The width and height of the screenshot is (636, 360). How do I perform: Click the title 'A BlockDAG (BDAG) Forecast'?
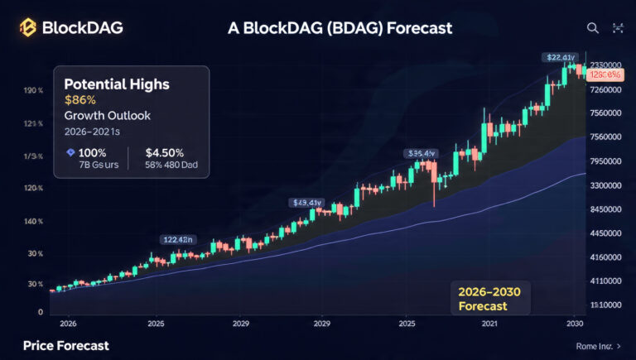340,27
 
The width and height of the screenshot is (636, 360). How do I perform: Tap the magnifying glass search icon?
592,28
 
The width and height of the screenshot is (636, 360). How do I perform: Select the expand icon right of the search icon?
618,28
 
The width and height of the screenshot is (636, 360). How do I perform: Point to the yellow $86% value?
79,100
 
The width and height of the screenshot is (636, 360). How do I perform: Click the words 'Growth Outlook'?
107,116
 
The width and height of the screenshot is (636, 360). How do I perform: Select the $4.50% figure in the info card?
164,152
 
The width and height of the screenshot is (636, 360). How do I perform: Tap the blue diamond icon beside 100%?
70,152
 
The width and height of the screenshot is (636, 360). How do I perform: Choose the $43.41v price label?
306,203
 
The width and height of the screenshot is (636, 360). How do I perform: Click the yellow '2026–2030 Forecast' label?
495,298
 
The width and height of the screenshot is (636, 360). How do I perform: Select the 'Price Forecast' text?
65,345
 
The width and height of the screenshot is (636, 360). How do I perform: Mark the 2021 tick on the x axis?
490,323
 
